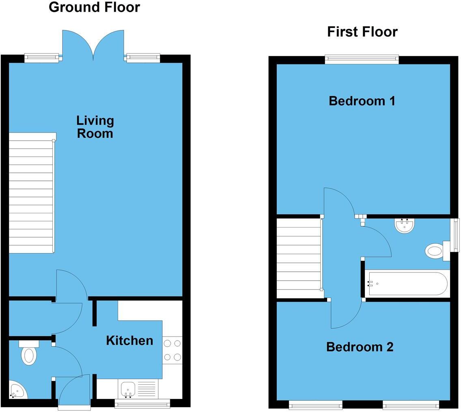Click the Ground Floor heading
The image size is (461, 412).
click(94, 7)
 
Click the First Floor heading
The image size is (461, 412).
click(362, 32)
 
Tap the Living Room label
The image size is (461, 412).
click(95, 127)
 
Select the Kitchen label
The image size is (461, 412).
click(129, 341)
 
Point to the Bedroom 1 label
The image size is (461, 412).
click(362, 101)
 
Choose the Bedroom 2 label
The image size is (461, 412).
click(360, 347)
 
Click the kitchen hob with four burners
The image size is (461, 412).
click(172, 350)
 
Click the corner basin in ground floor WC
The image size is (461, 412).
click(17, 390)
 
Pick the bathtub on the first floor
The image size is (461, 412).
click(407, 284)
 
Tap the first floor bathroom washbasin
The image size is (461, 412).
click(404, 225)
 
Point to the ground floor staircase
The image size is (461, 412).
click(31, 193)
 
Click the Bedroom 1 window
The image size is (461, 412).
click(362, 60)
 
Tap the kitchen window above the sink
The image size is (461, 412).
click(142, 403)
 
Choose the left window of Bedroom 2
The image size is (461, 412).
click(315, 404)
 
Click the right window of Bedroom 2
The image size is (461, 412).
click(410, 404)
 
